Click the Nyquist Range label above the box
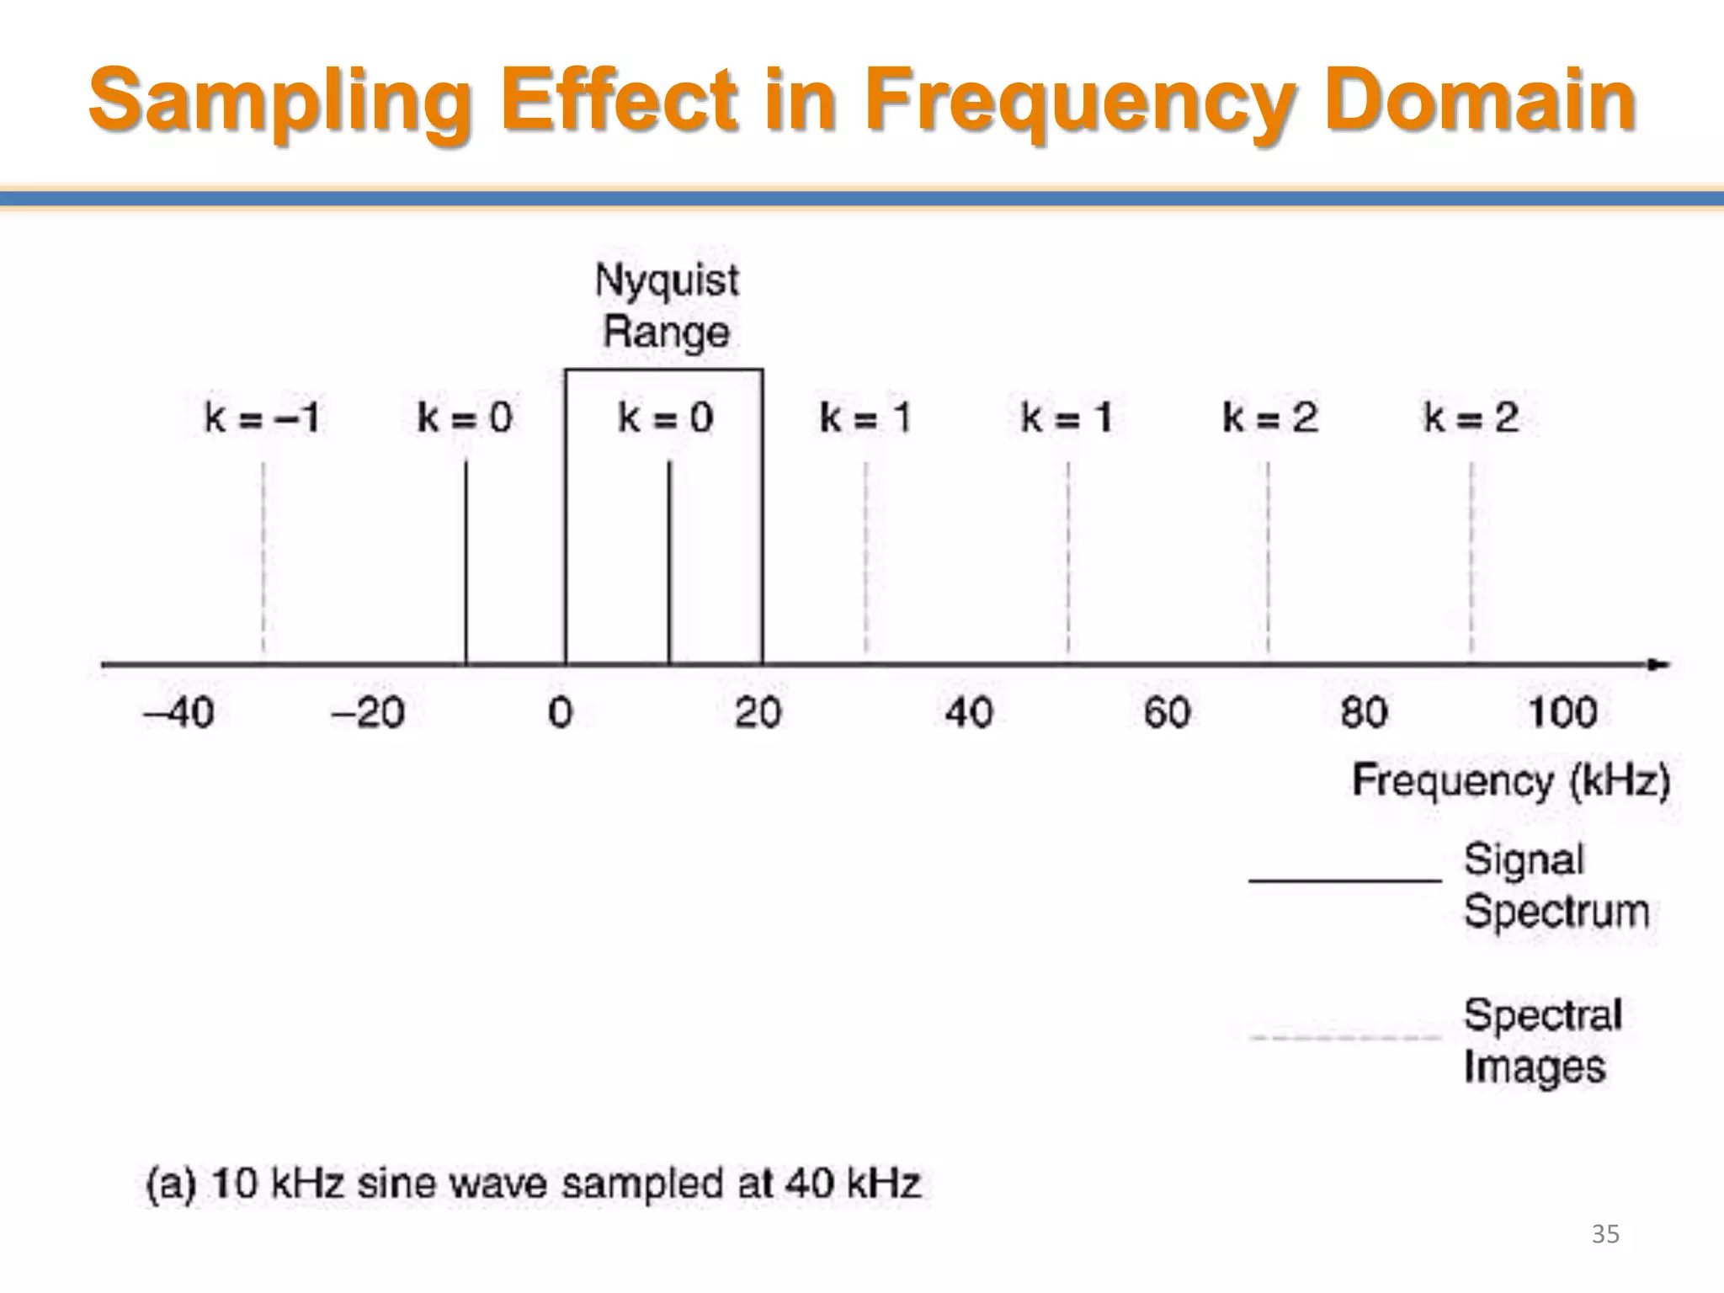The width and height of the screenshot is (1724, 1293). tap(667, 306)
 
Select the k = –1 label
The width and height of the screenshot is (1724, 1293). tap(262, 418)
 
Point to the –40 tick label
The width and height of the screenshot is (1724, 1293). tap(179, 713)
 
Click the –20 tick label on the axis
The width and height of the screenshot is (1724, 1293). tap(368, 713)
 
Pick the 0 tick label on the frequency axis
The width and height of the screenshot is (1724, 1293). tap(560, 713)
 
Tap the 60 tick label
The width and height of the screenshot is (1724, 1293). tap(1167, 713)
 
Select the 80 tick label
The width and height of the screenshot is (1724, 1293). tap(1364, 713)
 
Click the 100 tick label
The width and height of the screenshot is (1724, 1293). tap(1562, 713)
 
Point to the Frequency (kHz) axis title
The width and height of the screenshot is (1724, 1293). tap(1511, 780)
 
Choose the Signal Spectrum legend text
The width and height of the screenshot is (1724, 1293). tap(1556, 886)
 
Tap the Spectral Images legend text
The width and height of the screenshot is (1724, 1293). tap(1542, 1040)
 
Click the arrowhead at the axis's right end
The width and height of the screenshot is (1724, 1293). tap(1659, 664)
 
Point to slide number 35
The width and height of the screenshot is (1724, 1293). tap(1605, 1234)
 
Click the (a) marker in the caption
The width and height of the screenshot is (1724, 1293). tap(171, 1184)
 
